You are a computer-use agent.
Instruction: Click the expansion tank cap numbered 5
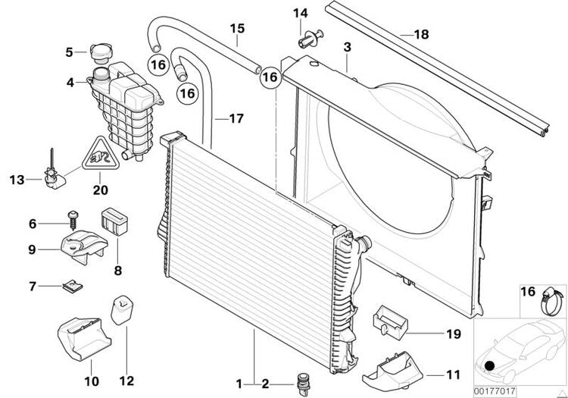99,52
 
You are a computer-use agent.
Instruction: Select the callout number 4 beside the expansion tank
70,82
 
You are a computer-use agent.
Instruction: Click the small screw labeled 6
74,218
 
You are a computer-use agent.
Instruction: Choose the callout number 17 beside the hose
236,118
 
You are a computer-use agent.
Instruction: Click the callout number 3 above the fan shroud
347,48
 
